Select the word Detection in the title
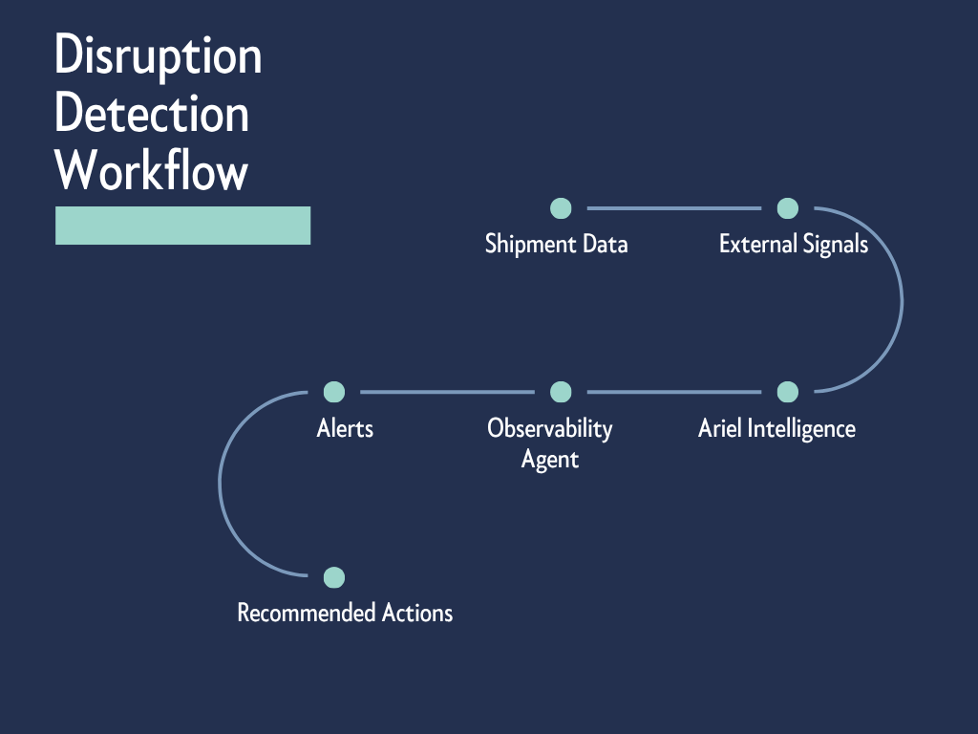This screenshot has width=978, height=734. [x=152, y=116]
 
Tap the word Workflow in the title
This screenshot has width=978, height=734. [x=152, y=172]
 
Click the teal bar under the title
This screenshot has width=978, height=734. [x=182, y=226]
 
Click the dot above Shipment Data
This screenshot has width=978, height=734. [x=562, y=207]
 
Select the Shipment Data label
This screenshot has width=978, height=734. [x=556, y=244]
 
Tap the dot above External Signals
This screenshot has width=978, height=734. [x=787, y=207]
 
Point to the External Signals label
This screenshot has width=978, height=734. [x=793, y=244]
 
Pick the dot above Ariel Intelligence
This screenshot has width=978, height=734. [x=787, y=392]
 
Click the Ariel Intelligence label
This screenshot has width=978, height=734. [x=776, y=428]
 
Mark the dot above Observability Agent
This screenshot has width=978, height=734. [x=562, y=392]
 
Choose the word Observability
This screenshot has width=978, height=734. [x=550, y=428]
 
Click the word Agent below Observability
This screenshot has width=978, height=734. [x=550, y=460]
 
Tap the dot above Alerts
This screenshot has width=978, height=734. [x=334, y=392]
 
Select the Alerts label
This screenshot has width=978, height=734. [x=345, y=428]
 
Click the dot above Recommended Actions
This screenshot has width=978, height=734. [x=334, y=577]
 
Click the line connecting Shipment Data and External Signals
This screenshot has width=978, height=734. [x=674, y=207]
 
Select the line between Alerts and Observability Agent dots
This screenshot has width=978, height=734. [x=448, y=392]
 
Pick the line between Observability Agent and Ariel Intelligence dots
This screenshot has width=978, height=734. [x=674, y=392]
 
